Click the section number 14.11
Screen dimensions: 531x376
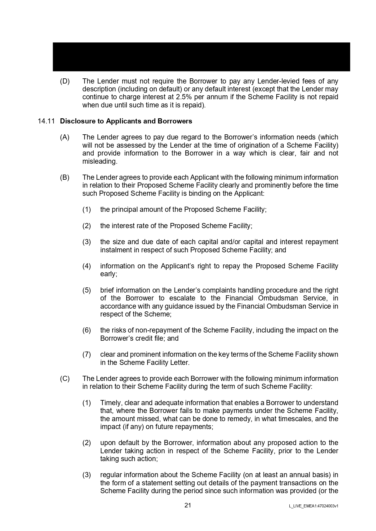(x=46, y=121)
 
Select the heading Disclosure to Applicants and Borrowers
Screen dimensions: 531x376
(x=126, y=121)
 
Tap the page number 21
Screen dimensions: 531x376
(x=188, y=505)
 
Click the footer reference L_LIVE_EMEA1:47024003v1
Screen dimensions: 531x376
(x=314, y=506)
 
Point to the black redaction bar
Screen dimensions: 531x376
(x=201, y=57)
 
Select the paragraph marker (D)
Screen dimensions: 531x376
(x=65, y=81)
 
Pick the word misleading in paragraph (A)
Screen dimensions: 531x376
(x=99, y=162)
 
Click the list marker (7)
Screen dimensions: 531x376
(x=87, y=354)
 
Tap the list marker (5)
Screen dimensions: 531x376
(x=87, y=290)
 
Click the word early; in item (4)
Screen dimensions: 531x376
(x=108, y=274)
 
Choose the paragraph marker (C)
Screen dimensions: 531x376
(x=65, y=379)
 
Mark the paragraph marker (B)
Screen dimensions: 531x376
(x=65, y=177)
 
